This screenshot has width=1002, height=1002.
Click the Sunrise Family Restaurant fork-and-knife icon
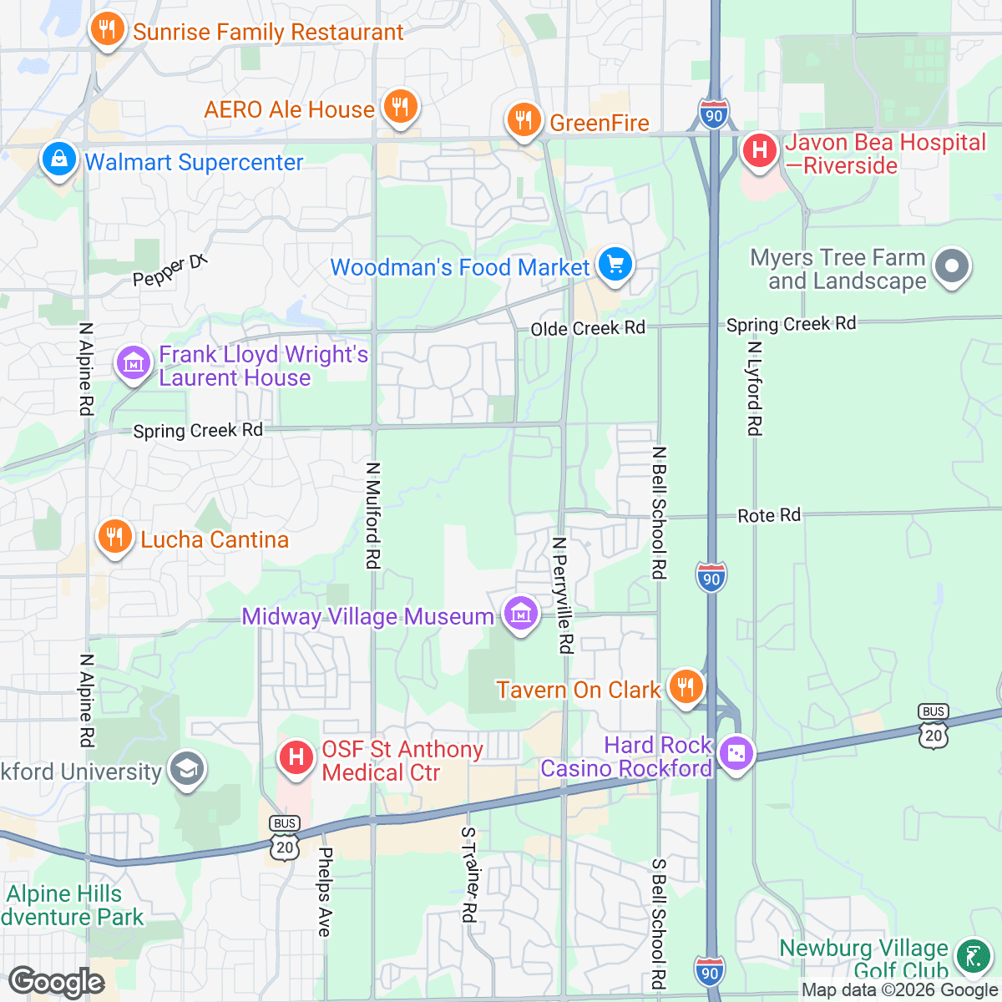point(107,30)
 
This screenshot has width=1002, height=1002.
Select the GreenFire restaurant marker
point(524,120)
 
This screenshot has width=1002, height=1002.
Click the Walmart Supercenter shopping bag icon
point(58,159)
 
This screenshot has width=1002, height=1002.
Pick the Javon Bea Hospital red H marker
point(759,151)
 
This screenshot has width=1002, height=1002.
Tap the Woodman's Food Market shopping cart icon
point(615,266)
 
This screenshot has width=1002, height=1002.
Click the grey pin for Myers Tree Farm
point(952,268)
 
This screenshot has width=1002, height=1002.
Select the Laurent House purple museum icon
point(133,364)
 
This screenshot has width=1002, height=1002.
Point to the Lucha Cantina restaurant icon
point(115,538)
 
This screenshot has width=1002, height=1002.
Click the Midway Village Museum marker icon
point(520,615)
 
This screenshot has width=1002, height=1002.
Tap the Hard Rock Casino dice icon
point(736,754)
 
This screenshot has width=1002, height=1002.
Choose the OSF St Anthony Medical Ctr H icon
point(296,758)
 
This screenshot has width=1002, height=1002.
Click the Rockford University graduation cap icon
point(186,770)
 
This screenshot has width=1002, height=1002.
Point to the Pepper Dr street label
point(170,271)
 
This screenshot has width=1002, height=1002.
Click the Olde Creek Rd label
point(588,328)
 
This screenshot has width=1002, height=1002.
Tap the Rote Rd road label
point(769,516)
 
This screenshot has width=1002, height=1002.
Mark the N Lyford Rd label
point(754,387)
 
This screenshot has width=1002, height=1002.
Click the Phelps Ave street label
point(325,892)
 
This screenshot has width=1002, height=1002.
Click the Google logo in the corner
point(57,982)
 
